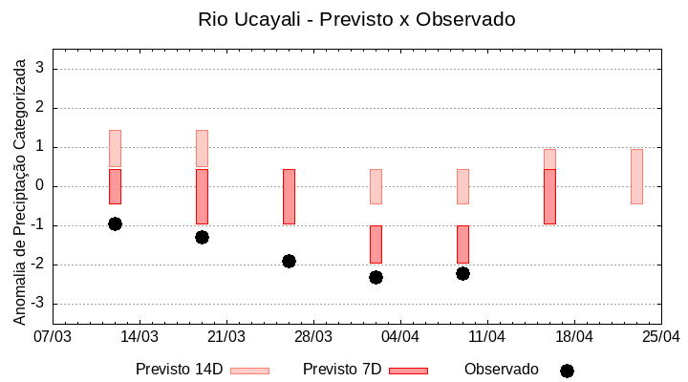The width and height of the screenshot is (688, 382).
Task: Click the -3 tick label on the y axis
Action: (x=38, y=304)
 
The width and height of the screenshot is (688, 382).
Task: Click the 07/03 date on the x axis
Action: (x=53, y=337)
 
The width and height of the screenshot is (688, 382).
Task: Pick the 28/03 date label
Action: (x=312, y=337)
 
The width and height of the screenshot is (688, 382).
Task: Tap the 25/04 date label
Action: (x=660, y=337)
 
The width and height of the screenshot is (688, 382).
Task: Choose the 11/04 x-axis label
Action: (x=486, y=337)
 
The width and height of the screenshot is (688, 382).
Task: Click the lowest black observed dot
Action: (x=376, y=277)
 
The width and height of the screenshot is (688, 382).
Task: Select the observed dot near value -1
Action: (x=115, y=223)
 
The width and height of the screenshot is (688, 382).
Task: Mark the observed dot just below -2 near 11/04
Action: (x=462, y=273)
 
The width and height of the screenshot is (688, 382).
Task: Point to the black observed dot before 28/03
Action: (x=289, y=261)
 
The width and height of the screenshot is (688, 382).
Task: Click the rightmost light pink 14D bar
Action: (x=636, y=177)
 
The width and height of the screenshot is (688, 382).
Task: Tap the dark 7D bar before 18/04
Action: (x=549, y=197)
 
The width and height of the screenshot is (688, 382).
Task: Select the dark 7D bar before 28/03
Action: (x=289, y=197)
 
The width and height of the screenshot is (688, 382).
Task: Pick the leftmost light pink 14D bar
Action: (x=115, y=148)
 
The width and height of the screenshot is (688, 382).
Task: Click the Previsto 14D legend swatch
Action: (x=249, y=371)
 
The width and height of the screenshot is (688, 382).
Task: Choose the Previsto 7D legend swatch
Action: (x=408, y=371)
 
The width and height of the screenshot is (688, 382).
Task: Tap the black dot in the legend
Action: (x=567, y=371)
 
